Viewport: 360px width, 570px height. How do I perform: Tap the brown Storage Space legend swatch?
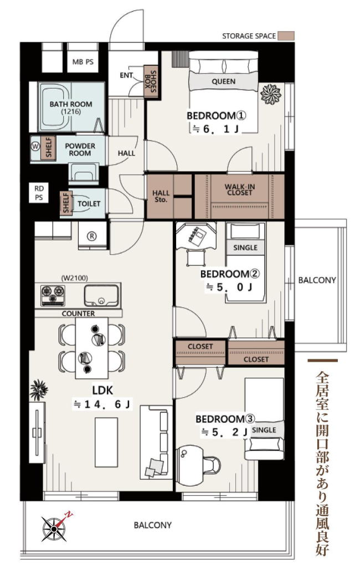point(286,35)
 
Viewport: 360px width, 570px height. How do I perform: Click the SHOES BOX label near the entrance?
point(151,81)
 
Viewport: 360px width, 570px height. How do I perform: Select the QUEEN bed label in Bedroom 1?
point(224,81)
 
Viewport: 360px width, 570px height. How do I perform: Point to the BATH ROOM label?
point(71,104)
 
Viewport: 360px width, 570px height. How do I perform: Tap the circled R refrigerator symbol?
point(92,236)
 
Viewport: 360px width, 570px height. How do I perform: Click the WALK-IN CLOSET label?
point(240,190)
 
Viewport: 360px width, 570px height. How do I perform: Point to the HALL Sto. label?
point(161,196)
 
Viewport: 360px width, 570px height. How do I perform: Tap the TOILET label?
point(89,204)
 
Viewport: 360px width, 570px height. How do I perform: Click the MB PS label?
point(83,62)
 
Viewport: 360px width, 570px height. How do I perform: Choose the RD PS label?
point(39,193)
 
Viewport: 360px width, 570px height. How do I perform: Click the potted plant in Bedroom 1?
point(271,94)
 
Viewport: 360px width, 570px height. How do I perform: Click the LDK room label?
point(102,391)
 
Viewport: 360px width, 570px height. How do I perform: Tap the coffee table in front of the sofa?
point(106,441)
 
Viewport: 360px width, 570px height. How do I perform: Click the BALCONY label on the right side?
point(317,280)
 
